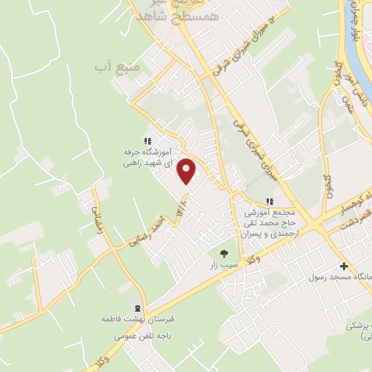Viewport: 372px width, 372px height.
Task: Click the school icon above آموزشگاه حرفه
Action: coord(147,141)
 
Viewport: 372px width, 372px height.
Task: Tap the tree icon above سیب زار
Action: coord(224,254)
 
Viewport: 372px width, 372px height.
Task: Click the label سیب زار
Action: coord(224,267)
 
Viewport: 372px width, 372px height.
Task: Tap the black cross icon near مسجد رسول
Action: coord(344,266)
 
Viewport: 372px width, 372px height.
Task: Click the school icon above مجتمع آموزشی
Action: coord(270,201)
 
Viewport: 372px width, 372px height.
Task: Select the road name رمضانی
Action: coord(97,217)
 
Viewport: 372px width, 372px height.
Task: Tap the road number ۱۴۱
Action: coord(179,207)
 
